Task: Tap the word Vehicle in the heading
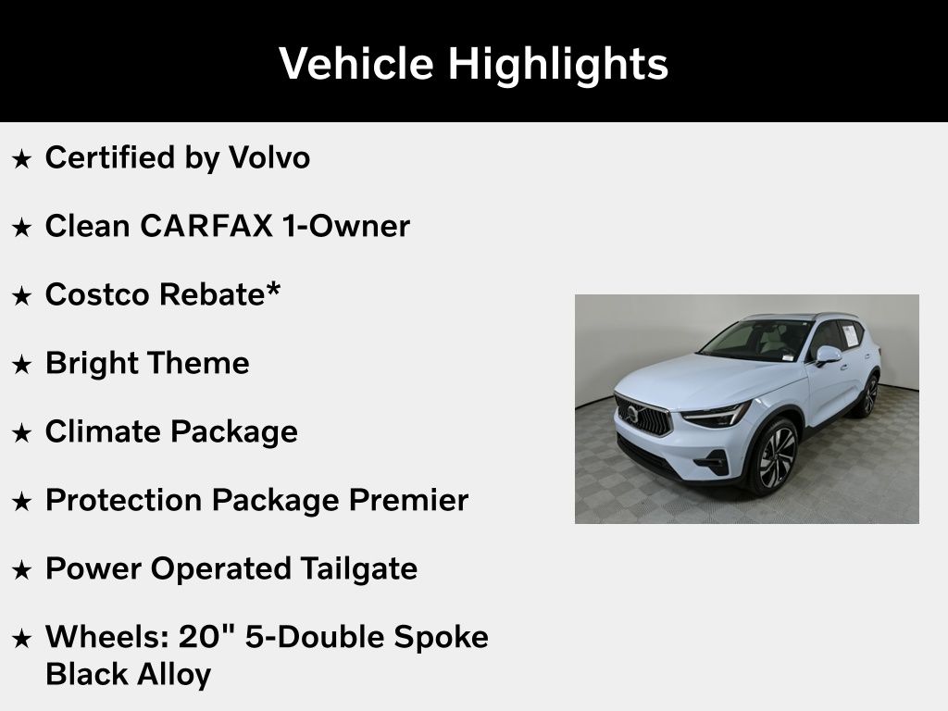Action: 356,63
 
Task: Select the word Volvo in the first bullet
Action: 269,157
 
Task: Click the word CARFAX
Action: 206,226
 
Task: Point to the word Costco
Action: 96,294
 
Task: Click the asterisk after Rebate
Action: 273,288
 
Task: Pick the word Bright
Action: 92,364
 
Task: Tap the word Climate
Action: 102,431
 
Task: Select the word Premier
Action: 408,500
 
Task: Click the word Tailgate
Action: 358,569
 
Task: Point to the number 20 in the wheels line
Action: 198,637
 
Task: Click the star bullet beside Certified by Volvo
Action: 22,159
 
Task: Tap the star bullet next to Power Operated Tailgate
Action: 22,570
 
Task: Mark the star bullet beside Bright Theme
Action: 22,365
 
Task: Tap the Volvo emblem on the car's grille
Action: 632,414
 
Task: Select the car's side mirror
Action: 828,355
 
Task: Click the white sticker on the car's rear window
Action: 850,335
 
